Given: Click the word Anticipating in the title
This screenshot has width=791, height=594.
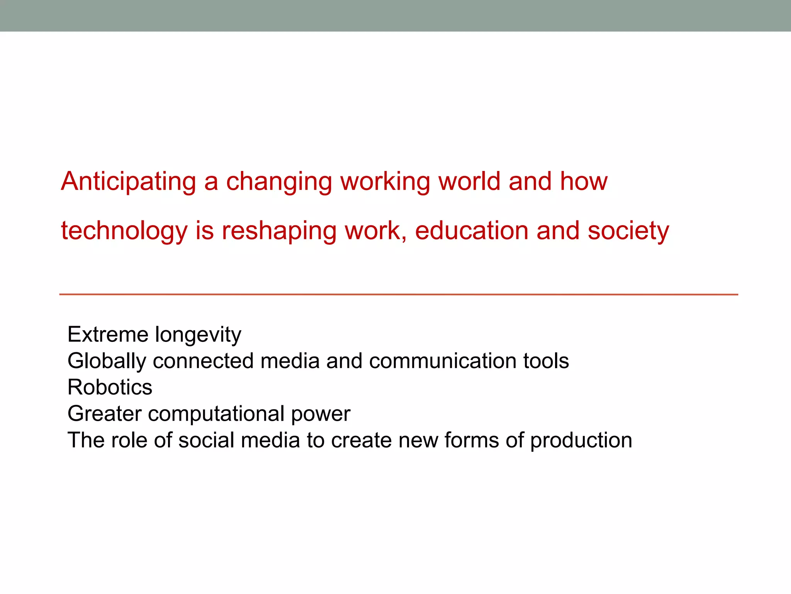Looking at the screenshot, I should pos(129,181).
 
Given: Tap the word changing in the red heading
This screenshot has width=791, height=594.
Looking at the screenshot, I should pos(279,181).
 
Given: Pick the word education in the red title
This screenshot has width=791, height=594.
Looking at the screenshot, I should pos(472,231).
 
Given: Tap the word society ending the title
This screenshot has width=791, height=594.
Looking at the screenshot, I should pos(628,231).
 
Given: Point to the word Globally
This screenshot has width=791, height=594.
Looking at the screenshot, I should pos(107,361).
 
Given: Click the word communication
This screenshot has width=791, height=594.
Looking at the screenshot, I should pos(443,361).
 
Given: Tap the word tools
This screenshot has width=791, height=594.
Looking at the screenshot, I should pos(546,361).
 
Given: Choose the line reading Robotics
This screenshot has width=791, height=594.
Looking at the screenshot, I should pos(110,387).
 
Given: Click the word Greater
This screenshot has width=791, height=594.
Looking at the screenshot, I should pos(104,413).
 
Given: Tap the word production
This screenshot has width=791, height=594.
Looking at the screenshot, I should pos(581,441).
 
